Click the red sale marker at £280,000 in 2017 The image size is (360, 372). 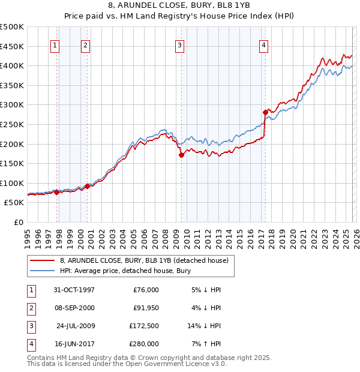(265, 112)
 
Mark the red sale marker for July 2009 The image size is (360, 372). (181, 155)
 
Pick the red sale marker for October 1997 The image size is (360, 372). (57, 193)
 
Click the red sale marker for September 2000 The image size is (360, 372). (88, 186)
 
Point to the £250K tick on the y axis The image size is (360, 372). (12, 124)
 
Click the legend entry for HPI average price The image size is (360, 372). (120, 271)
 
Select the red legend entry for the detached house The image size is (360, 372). (144, 261)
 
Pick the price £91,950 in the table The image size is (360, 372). (146, 308)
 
